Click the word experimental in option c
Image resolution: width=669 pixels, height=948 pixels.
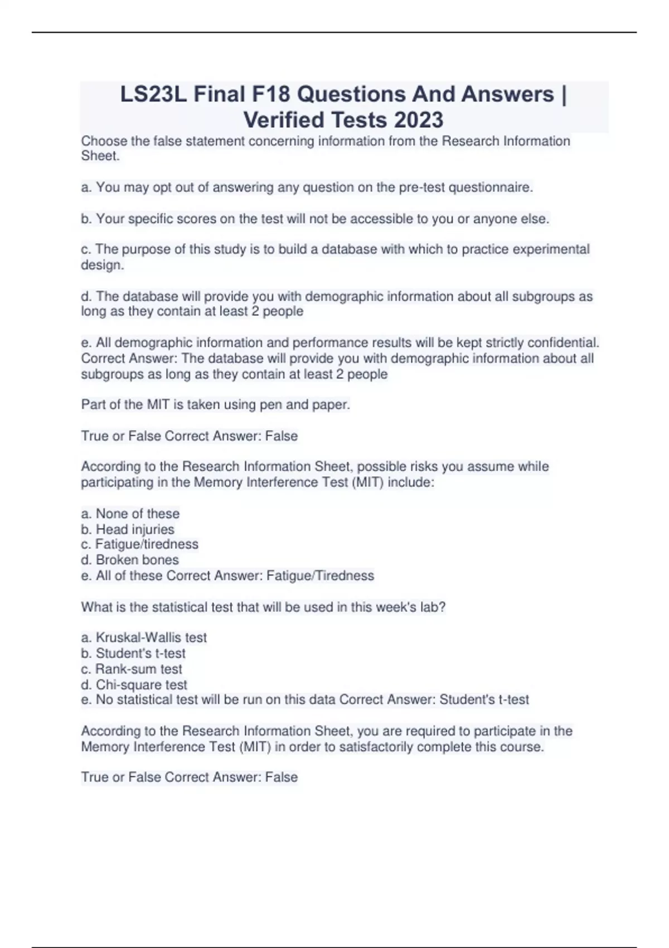point(551,249)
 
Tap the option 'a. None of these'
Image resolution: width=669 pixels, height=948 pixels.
point(130,514)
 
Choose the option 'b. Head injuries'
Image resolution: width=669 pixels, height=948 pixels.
point(128,529)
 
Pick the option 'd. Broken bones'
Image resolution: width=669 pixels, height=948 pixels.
point(130,560)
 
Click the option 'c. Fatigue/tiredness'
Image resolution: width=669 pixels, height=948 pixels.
point(139,544)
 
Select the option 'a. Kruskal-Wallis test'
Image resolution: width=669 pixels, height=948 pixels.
point(144,637)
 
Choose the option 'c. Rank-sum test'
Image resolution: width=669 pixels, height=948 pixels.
point(132,669)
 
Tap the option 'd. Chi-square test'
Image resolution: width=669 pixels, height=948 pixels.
point(134,685)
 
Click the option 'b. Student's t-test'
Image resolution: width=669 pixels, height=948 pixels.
point(133,653)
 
